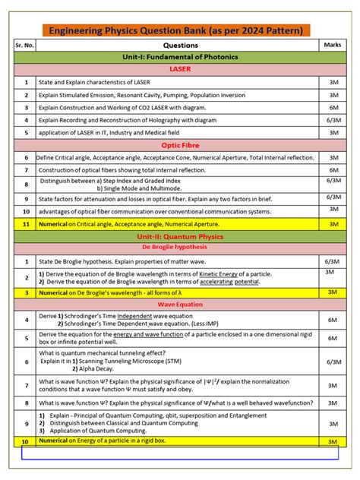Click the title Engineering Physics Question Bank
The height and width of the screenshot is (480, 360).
175,30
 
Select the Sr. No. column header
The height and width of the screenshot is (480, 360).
25,45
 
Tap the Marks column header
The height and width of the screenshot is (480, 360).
333,45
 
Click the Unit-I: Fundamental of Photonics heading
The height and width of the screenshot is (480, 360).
180,57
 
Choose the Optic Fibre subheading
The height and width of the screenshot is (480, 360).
180,144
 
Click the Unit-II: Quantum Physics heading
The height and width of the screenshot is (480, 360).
180,237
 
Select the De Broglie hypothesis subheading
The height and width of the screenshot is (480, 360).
180,248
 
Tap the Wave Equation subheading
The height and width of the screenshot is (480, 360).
180,304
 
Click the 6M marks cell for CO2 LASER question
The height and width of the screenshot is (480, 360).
333,107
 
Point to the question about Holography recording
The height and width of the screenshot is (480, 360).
123,119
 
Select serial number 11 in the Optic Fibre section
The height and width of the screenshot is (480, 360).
25,224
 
